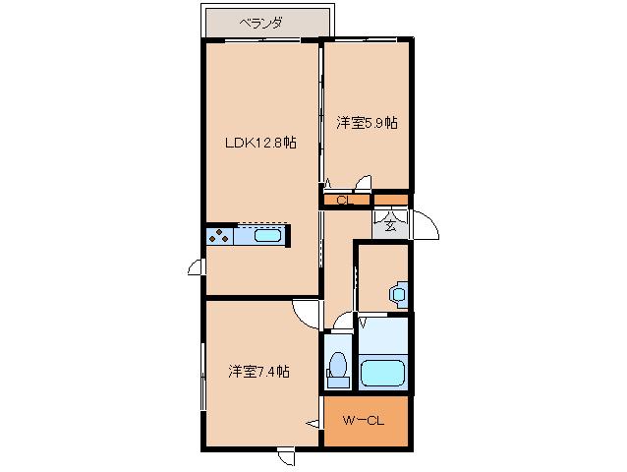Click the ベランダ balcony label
[x=260, y=24]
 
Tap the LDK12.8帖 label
[x=260, y=143]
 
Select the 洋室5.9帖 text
[x=367, y=123]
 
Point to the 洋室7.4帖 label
[x=258, y=372]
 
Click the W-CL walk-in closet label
[x=364, y=421]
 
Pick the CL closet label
[x=345, y=200]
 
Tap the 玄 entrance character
[x=390, y=226]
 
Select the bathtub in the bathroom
[x=382, y=373]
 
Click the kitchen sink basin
[x=267, y=236]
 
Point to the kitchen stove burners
[x=219, y=236]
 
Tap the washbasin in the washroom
[x=398, y=294]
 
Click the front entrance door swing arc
[x=427, y=225]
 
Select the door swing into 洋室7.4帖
[x=306, y=315]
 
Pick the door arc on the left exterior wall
[x=197, y=266]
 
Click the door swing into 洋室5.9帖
[x=363, y=182]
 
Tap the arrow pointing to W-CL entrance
[x=313, y=423]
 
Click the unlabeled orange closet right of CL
[x=391, y=200]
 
